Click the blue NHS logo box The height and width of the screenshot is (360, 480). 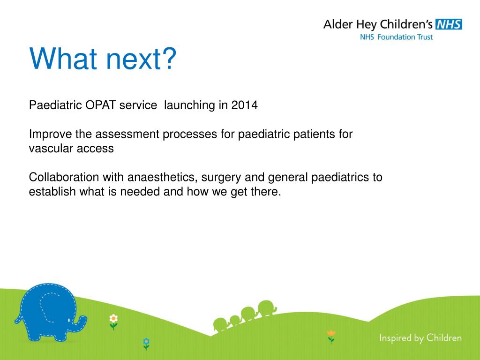point(449,24)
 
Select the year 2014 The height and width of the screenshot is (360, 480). point(244,105)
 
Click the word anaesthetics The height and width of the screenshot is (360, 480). point(162,178)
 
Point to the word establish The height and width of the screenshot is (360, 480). point(52,192)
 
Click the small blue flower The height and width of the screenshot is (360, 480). point(146,344)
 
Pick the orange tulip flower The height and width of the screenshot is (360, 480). point(331,337)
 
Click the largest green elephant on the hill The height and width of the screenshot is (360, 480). point(267,307)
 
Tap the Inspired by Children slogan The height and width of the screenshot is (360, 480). point(420,338)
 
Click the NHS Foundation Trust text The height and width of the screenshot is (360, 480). point(396,37)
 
